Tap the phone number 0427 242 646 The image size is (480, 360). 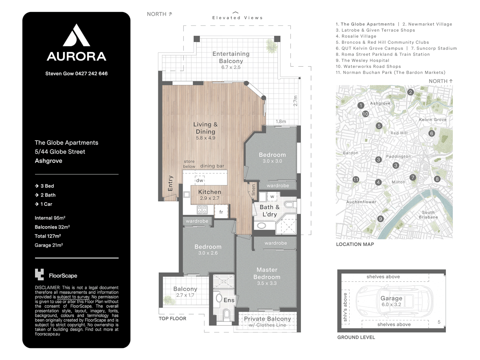pos(91,74)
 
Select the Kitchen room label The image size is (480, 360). pos(209,192)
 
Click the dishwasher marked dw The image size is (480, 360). pos(200,180)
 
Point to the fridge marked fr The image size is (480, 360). pos(221,212)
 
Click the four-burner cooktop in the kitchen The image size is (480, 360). pos(202,210)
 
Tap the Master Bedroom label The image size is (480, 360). pos(267,273)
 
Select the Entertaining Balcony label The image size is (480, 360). pos(231,57)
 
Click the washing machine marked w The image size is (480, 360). pos(272,197)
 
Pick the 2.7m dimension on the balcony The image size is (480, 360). pos(295,101)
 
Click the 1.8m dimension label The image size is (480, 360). pos(281,122)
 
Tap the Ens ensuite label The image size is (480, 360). pos(229,300)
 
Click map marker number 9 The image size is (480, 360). pos(381,219)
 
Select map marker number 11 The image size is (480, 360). pos(356,180)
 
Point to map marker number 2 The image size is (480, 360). pos(410,92)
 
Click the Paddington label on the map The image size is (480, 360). pos(398,157)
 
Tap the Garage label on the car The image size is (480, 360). pos(391,298)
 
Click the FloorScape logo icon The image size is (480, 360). pos(39,275)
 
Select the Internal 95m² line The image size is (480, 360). pos(50,218)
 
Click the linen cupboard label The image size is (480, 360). pos(253,190)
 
